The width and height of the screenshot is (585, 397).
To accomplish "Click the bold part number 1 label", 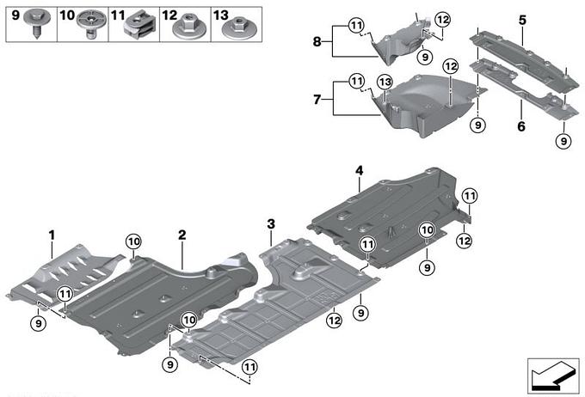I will point(52,234).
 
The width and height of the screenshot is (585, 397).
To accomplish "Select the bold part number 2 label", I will point(182,234).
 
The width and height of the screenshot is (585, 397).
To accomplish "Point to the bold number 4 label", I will point(359,172).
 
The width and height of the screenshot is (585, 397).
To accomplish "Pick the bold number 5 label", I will point(522,18).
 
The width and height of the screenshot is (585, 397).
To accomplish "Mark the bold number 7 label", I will point(317,101).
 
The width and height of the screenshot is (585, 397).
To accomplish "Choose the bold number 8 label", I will point(317,40).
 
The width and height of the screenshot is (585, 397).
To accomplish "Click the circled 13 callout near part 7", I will point(385,83).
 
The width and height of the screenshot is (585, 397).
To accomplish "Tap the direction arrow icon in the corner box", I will point(551,376).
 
